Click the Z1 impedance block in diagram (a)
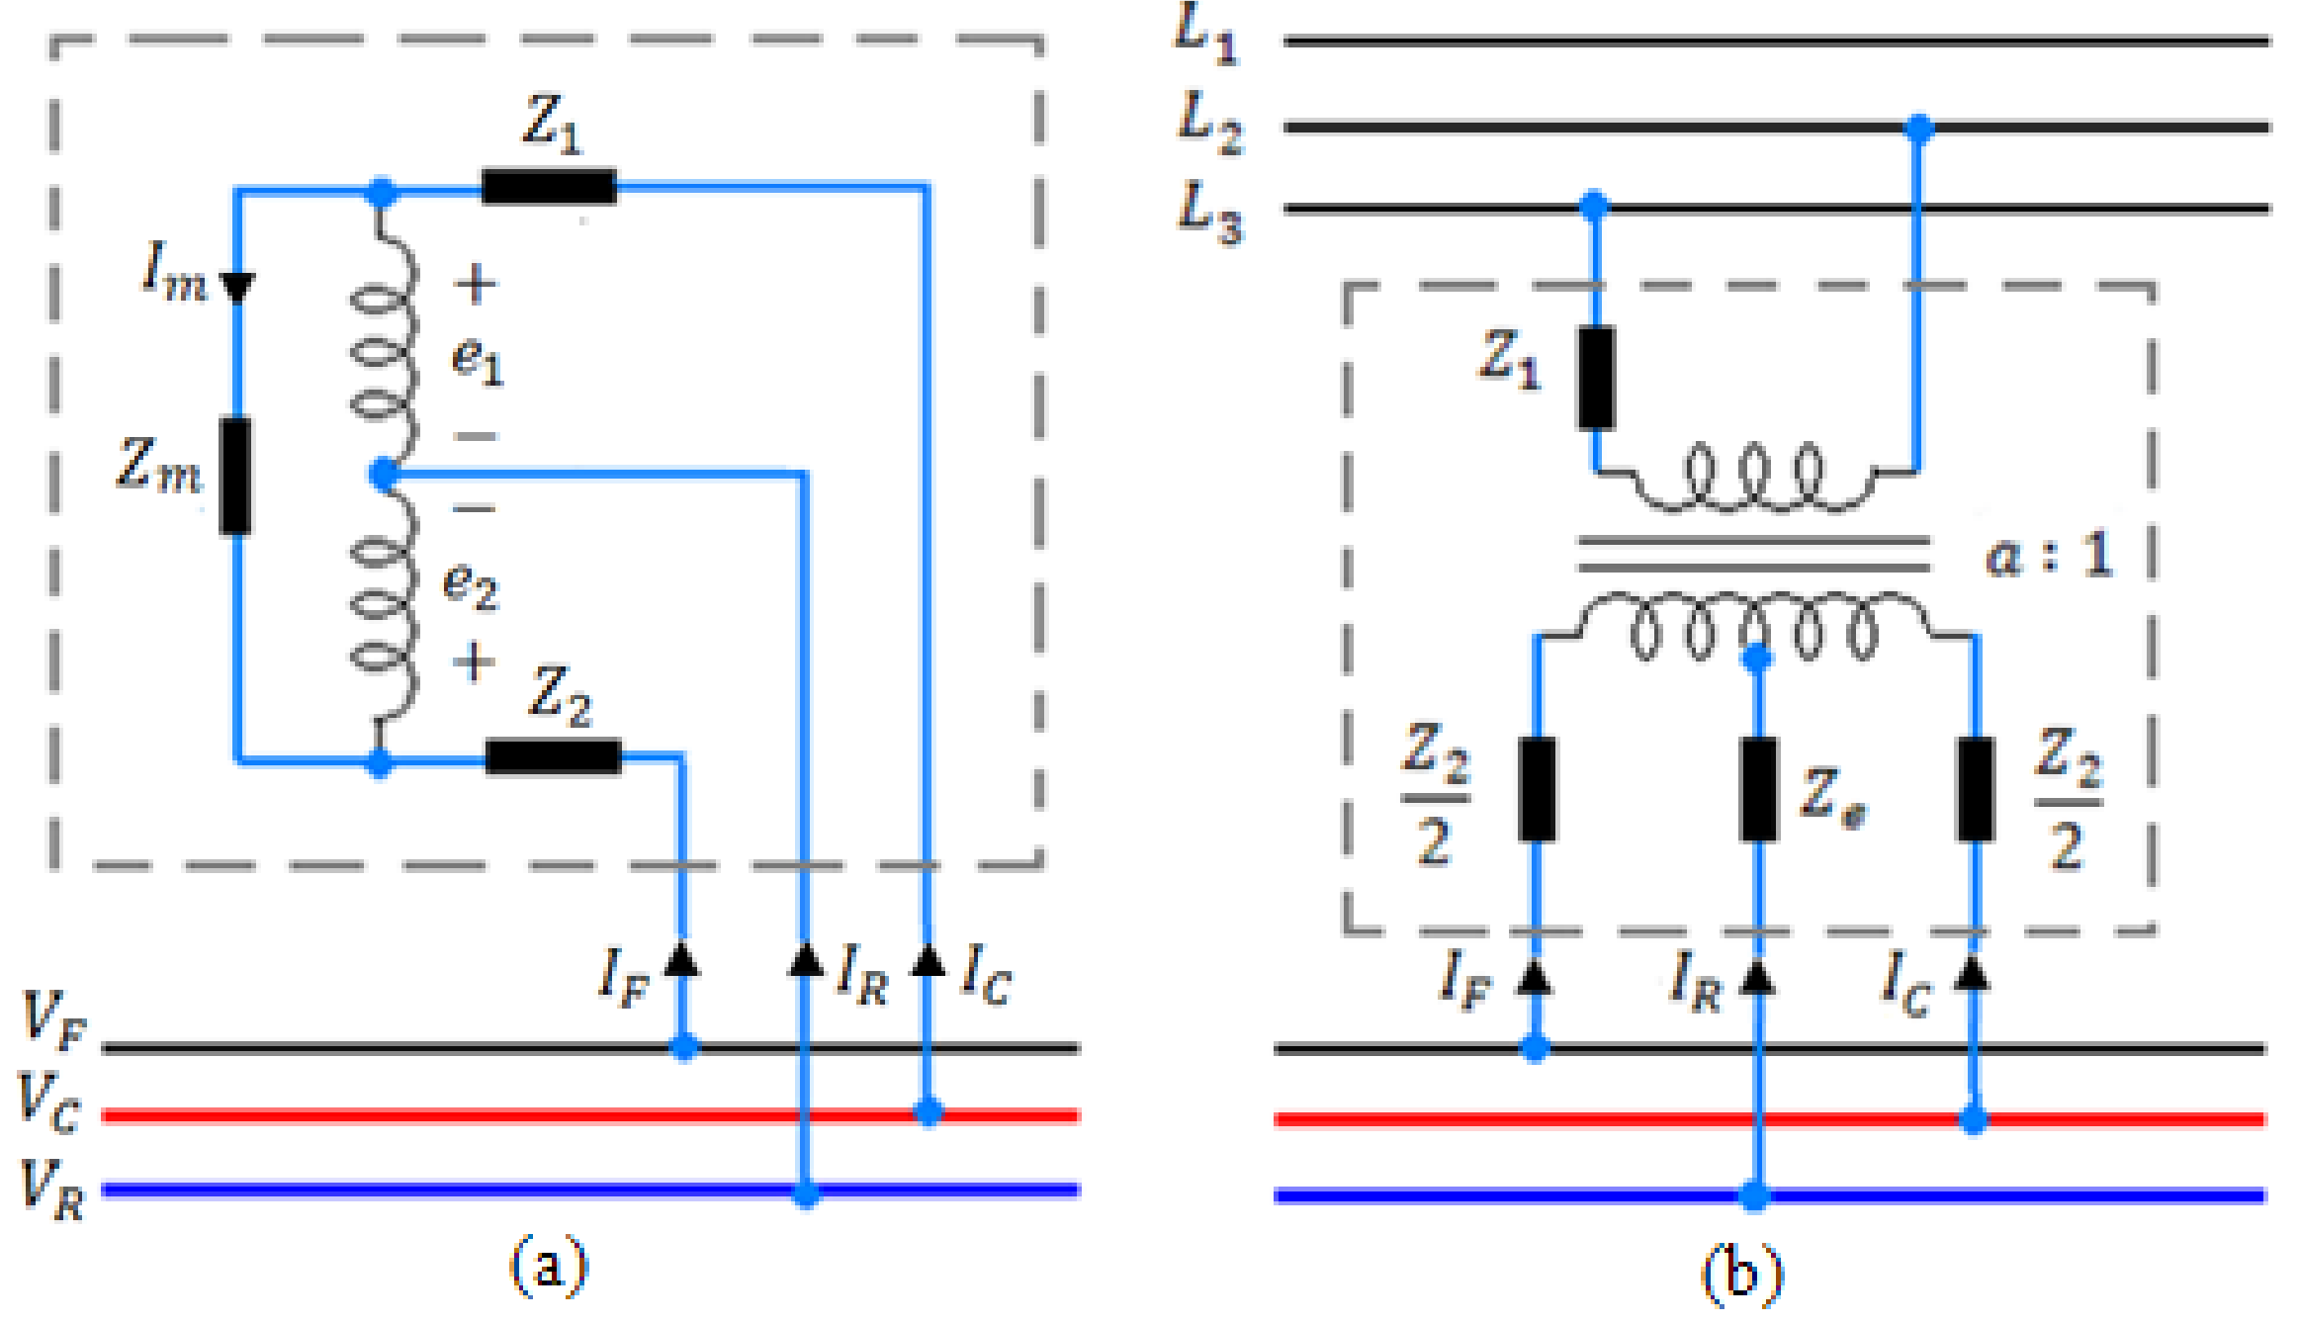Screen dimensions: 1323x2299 549,186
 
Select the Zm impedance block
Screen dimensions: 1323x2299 235,477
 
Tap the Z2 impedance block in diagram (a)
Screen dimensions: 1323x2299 554,756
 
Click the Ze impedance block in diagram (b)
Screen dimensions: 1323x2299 1758,789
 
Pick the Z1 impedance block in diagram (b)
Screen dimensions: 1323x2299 1595,378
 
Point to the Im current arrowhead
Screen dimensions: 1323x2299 237,288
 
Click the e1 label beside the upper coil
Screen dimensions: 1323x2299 478,361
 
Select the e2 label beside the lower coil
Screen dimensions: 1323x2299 471,585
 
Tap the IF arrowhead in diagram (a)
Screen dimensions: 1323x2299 681,960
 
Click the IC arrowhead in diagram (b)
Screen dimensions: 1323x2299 1973,974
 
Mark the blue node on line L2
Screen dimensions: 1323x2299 1918,128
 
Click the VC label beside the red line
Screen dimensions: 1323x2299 49,1102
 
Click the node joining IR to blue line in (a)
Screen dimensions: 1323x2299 806,1193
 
